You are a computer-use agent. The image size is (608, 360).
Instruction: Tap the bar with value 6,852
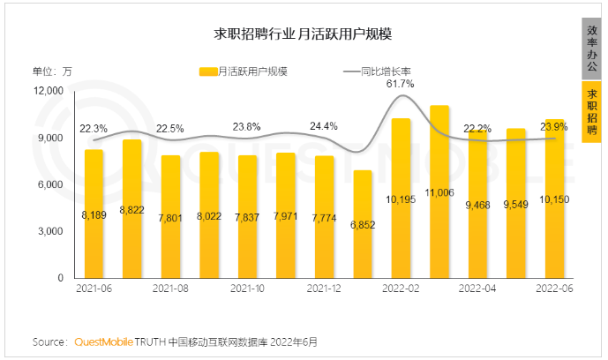(363, 225)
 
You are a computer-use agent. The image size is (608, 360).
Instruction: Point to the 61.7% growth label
(401, 84)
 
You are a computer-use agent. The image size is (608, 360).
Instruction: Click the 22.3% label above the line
(94, 128)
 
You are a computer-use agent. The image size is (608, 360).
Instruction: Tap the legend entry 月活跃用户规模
(244, 71)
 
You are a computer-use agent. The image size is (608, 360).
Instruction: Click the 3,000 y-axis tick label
(50, 231)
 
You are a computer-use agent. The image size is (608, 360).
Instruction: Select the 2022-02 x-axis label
(401, 289)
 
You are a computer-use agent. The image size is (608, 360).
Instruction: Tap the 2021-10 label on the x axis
(247, 289)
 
